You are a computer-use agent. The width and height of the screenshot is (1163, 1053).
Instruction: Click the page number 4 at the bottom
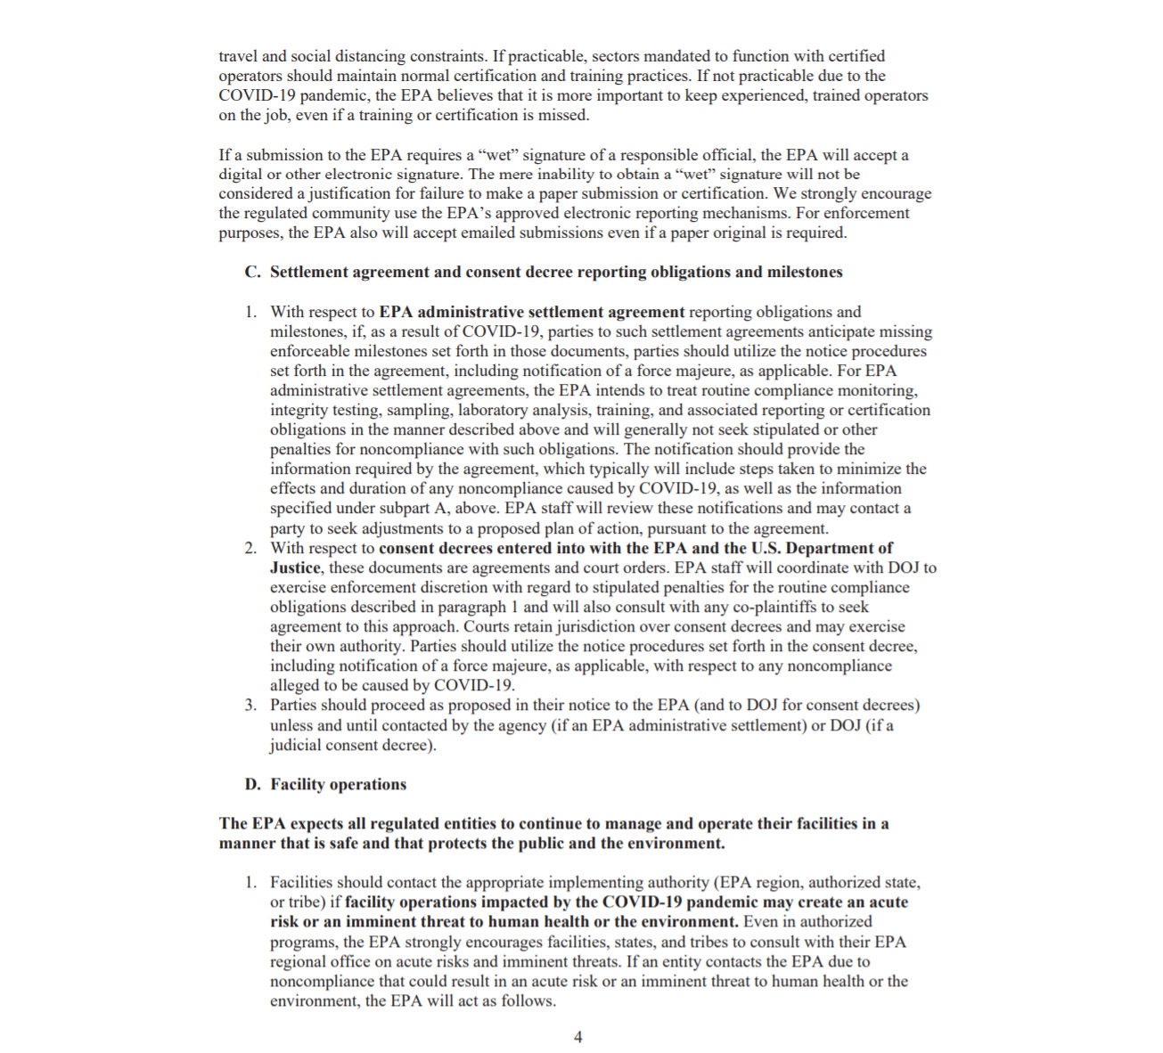[578, 1037]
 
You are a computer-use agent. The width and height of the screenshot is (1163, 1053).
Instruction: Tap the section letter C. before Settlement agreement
[253, 273]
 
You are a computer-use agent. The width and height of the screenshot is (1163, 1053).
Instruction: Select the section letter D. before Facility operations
[253, 785]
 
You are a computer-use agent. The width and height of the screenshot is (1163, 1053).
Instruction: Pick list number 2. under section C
[251, 549]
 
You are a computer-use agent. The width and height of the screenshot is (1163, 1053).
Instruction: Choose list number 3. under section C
[251, 706]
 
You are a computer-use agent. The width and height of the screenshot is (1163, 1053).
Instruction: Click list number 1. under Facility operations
[251, 883]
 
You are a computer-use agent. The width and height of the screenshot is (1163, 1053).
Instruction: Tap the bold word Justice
[295, 568]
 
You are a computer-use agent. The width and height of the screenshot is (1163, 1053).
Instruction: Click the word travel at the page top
[238, 56]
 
